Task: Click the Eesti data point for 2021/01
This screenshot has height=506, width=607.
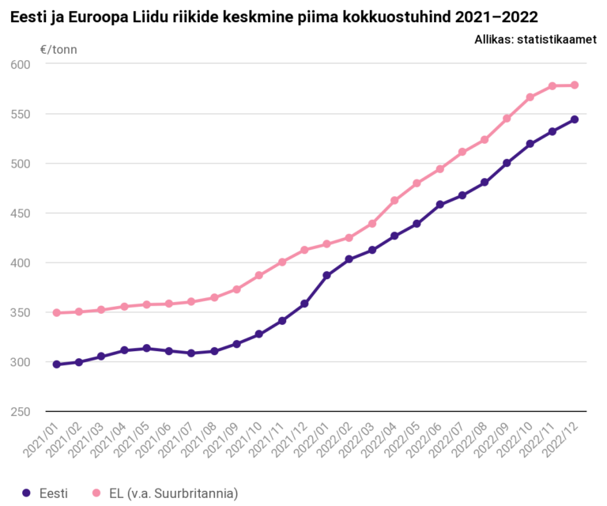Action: (x=56, y=364)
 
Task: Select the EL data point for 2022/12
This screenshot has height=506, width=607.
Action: (x=575, y=85)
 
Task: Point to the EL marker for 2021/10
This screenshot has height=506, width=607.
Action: (x=259, y=275)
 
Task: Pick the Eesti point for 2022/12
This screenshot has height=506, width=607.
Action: (x=575, y=119)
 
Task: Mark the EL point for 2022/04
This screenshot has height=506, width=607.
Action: (x=394, y=200)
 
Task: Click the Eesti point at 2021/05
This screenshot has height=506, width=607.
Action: (x=146, y=348)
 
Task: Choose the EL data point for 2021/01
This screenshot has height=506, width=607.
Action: (x=56, y=312)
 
